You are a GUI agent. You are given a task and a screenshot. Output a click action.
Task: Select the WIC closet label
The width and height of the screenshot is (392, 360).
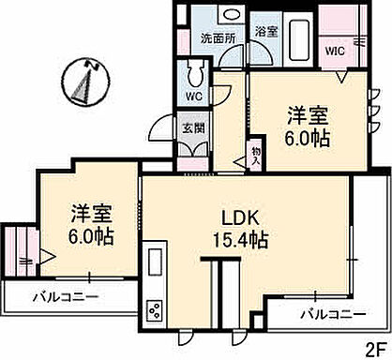(x=336, y=50)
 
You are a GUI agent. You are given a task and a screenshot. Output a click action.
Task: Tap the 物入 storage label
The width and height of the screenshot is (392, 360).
(x=256, y=156)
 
